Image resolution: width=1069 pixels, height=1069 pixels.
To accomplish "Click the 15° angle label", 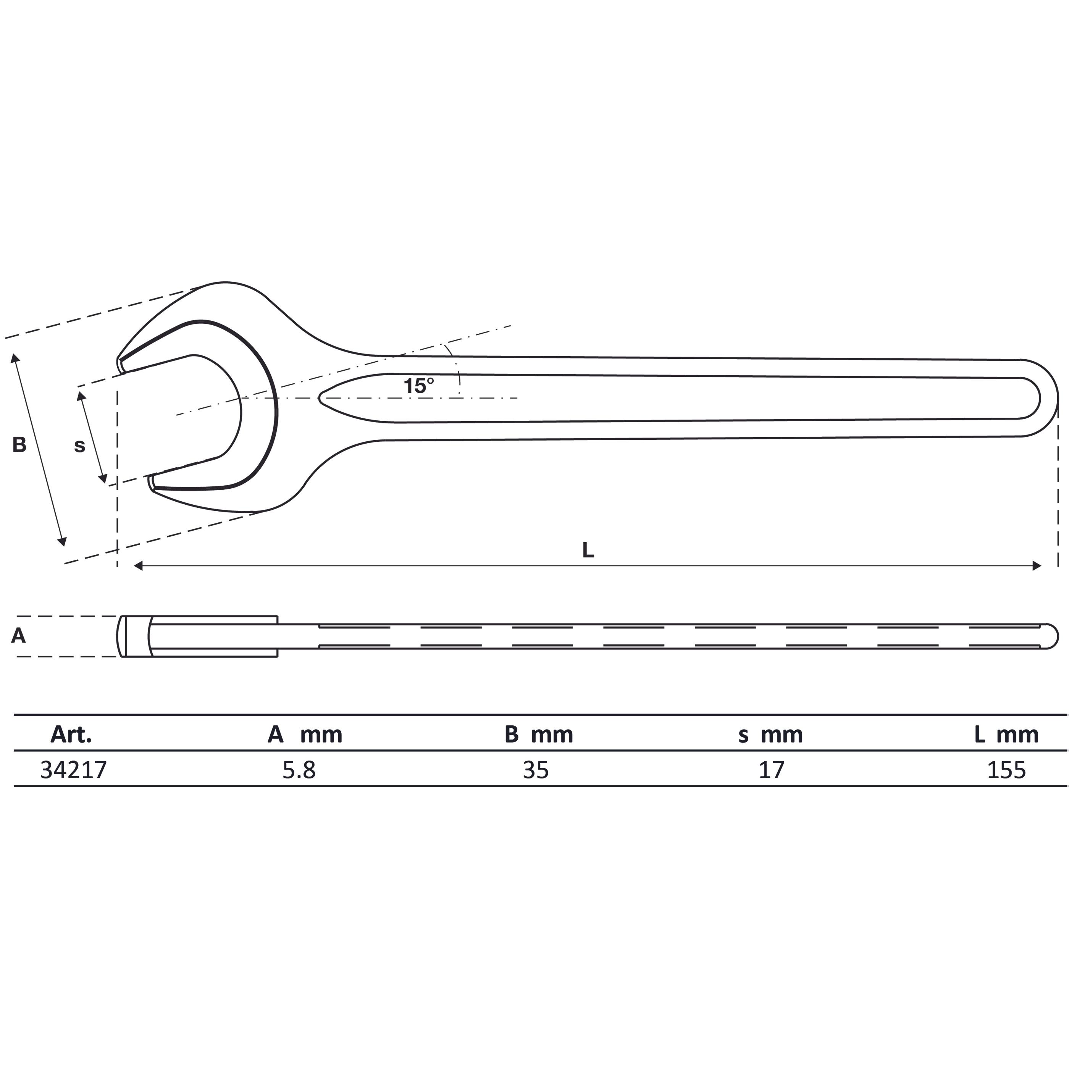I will click(x=418, y=386).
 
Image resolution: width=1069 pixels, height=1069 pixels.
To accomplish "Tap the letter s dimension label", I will click(x=80, y=446).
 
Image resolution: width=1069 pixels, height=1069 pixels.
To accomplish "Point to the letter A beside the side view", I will click(x=18, y=636).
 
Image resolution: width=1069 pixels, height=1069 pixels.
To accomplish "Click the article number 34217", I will click(x=74, y=770).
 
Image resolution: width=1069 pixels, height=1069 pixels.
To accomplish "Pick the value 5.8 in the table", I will click(x=299, y=770).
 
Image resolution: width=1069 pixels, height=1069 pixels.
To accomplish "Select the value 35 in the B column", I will click(x=536, y=770).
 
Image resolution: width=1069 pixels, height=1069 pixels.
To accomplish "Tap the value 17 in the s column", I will click(x=771, y=770).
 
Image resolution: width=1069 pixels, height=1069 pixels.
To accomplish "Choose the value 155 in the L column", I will click(x=1006, y=770).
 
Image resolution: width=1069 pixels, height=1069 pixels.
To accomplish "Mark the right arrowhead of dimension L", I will click(x=1037, y=565).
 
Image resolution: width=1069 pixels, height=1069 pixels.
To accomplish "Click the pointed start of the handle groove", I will click(x=321, y=397).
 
